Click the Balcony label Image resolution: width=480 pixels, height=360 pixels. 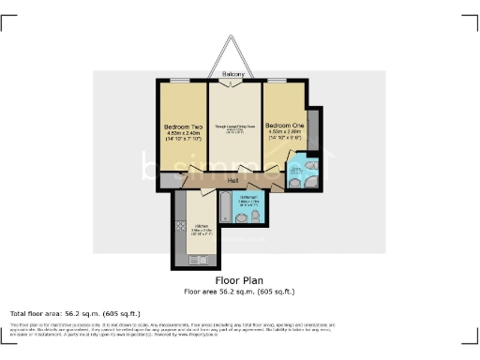[234, 74]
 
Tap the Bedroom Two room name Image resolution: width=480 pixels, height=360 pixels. [183, 127]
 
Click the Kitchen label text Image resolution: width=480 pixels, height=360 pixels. [201, 226]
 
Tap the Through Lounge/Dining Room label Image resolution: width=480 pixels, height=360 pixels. [234, 127]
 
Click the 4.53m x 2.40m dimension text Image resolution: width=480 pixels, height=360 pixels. [183, 134]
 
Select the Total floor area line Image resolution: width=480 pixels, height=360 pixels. [75, 313]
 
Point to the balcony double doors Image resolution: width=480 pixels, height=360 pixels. [234, 82]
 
